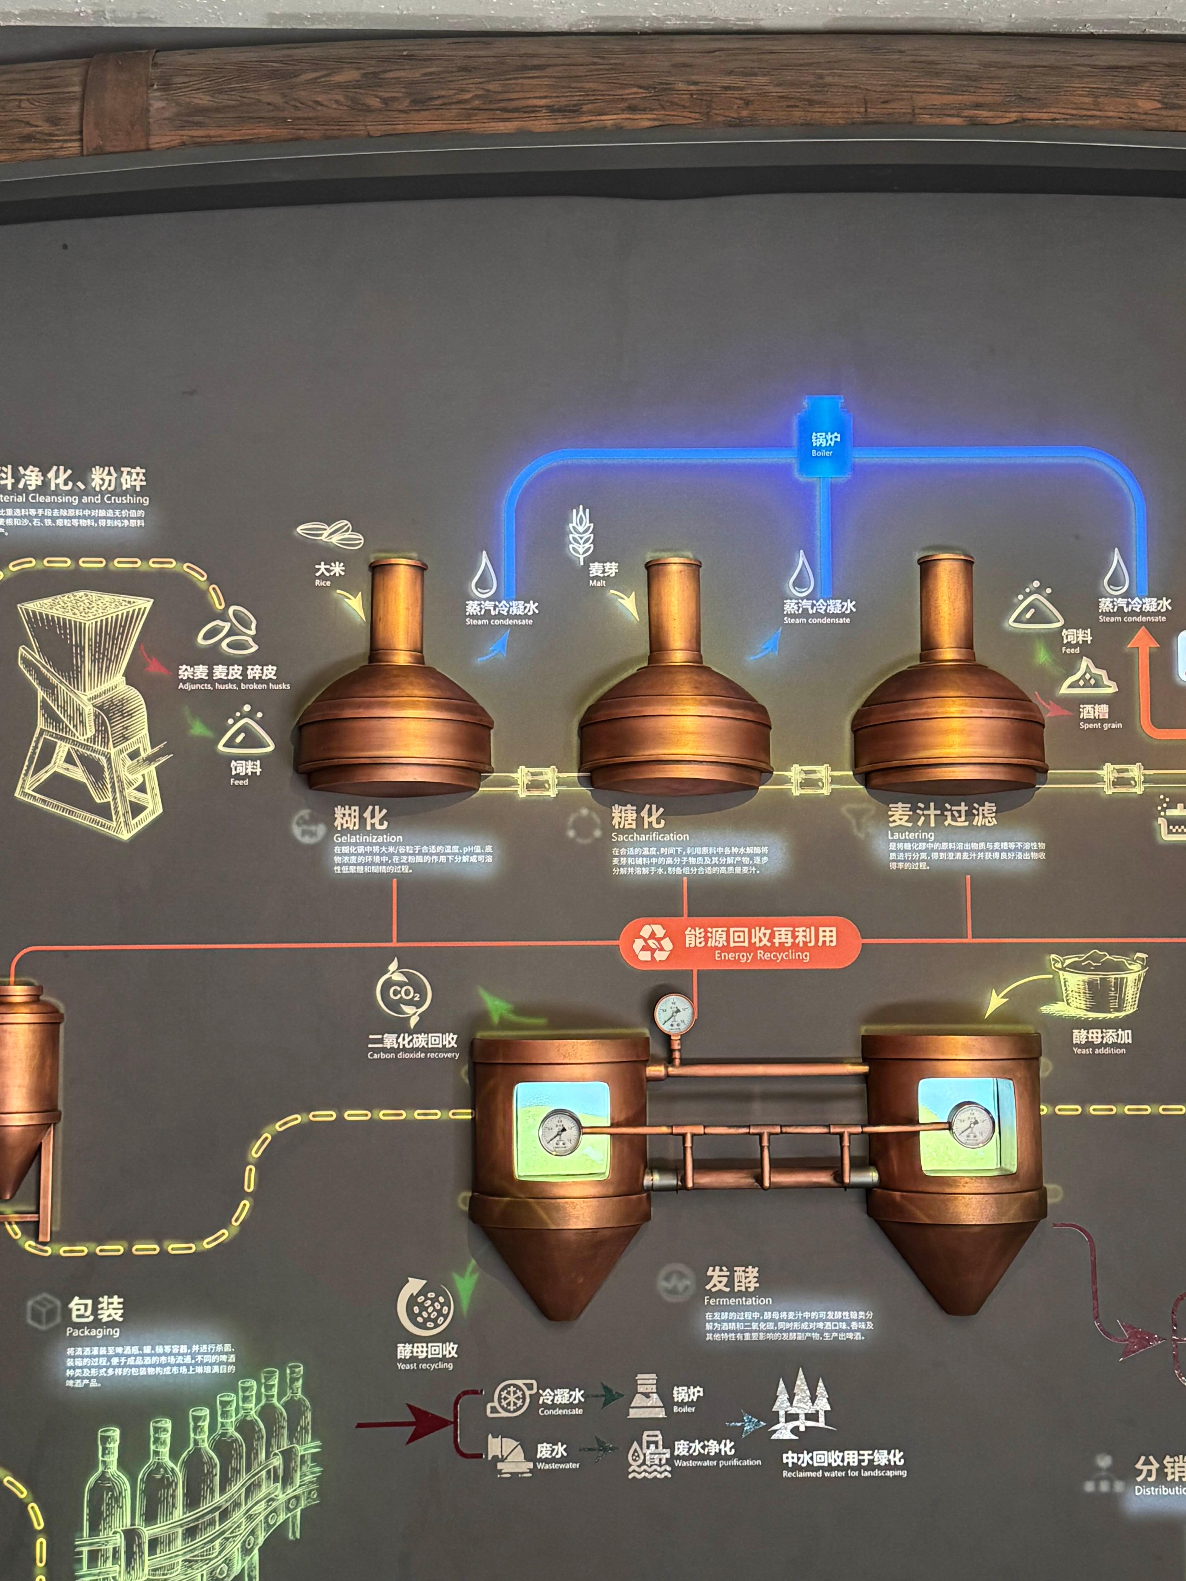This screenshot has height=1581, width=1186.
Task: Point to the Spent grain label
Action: [x=1100, y=716]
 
